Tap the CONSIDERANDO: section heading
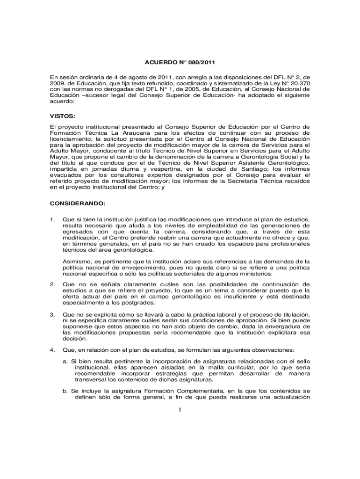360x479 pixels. pyautogui.click(x=78, y=203)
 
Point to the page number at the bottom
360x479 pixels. pyautogui.click(x=180, y=411)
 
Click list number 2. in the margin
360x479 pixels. pyautogui.click(x=53, y=284)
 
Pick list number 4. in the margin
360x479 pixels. pyautogui.click(x=53, y=349)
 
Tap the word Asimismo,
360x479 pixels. pyautogui.click(x=77, y=261)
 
